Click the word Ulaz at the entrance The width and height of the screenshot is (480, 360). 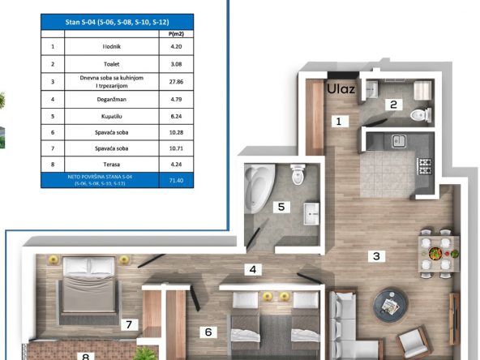coord(341,89)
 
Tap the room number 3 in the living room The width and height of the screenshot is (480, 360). coord(375,257)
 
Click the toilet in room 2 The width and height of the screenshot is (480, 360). coord(418,114)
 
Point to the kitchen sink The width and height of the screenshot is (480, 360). coord(398,141)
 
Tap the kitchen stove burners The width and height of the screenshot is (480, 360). coord(425,165)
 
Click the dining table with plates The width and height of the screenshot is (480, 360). coord(435,254)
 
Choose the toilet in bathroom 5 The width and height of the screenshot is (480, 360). coord(297,173)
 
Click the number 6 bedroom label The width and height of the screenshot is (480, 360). coord(208,332)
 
